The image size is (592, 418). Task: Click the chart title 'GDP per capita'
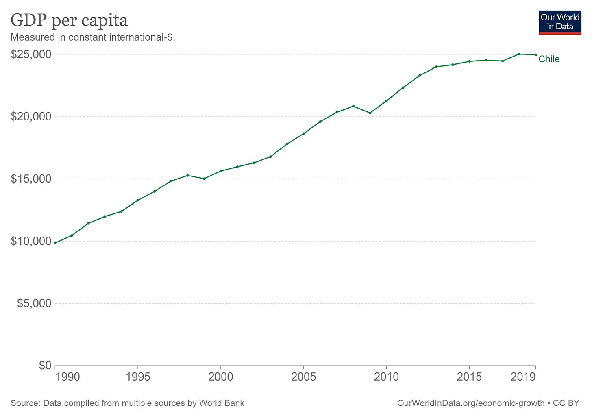pyautogui.click(x=69, y=20)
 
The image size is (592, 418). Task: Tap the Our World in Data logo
pyautogui.click(x=560, y=22)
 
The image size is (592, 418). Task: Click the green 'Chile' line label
pyautogui.click(x=549, y=59)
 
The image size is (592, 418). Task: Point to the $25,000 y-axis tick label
pyautogui.click(x=31, y=54)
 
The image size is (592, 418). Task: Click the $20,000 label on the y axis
pyautogui.click(x=31, y=117)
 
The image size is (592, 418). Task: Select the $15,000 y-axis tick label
pyautogui.click(x=31, y=179)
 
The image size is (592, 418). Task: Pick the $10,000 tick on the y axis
pyautogui.click(x=31, y=241)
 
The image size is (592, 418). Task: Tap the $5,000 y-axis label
pyautogui.click(x=34, y=303)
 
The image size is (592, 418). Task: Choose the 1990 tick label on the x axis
pyautogui.click(x=68, y=377)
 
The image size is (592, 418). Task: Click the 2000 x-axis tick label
pyautogui.click(x=221, y=377)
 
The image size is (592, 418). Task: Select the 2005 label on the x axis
pyautogui.click(x=303, y=377)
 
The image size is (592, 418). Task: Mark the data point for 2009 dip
pyautogui.click(x=370, y=113)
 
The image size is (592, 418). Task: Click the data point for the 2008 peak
pyautogui.click(x=353, y=106)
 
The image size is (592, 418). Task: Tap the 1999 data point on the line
pyautogui.click(x=204, y=179)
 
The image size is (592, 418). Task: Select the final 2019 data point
pyautogui.click(x=535, y=55)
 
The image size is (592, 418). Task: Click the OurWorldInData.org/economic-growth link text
pyautogui.click(x=470, y=403)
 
